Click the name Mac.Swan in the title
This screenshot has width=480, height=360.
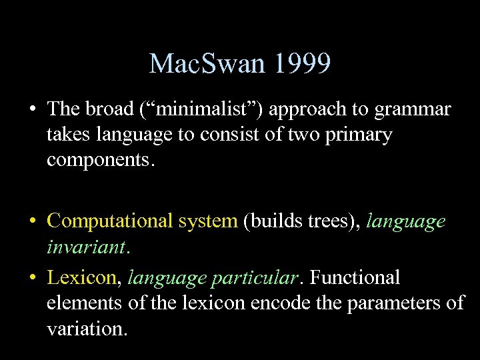click(x=199, y=64)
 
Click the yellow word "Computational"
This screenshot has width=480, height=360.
click(x=109, y=221)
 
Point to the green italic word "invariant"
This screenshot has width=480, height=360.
click(x=86, y=247)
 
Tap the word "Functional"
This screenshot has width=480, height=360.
click(x=355, y=277)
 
